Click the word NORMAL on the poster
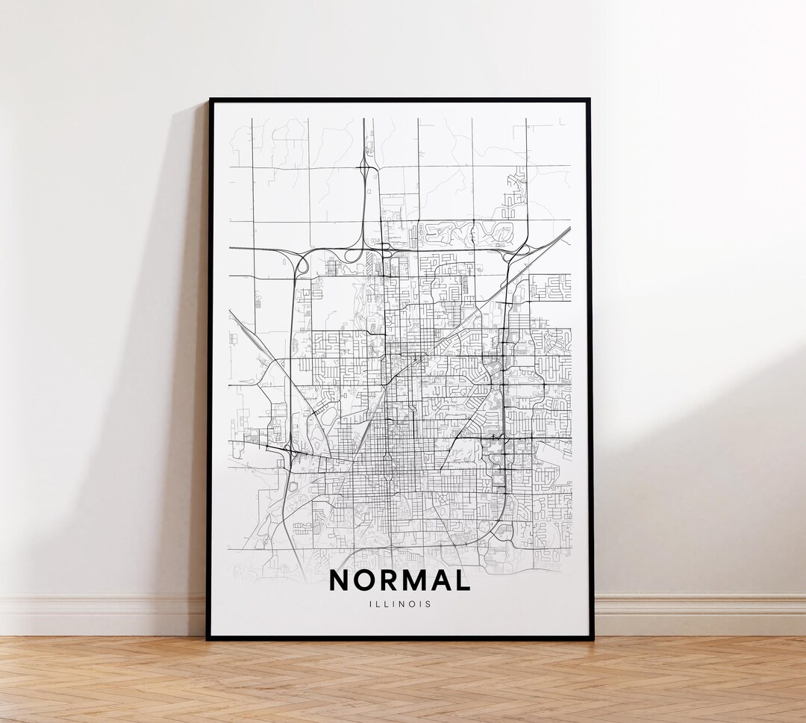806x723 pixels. [x=399, y=580]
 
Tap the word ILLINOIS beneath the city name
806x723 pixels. [x=399, y=604]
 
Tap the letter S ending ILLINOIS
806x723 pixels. [x=428, y=604]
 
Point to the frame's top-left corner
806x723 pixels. [x=210, y=99]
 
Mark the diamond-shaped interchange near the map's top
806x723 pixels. [x=368, y=167]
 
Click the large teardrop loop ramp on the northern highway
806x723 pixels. [x=344, y=254]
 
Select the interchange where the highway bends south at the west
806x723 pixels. [x=301, y=263]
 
